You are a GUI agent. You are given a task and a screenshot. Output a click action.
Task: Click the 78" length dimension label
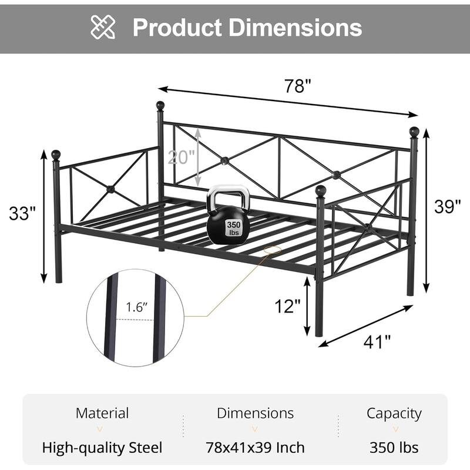coord(298,87)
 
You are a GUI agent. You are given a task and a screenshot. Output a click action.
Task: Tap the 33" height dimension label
coord(23,213)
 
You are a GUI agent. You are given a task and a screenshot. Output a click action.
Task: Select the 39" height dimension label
coord(448,206)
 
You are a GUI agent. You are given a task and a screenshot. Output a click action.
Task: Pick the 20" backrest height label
coord(181,157)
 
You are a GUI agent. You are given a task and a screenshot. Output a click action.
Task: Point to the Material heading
coord(102,413)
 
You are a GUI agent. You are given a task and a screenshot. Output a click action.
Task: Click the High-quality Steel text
coord(102,448)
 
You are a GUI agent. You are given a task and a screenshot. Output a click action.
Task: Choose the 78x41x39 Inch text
coord(255,448)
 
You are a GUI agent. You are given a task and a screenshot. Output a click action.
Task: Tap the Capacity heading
coord(394,413)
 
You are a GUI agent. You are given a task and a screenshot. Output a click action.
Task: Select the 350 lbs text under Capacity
coord(394,448)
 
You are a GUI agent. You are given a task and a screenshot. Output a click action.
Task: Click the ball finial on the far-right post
coord(414,132)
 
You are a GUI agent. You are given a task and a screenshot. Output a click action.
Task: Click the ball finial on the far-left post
coord(56,155)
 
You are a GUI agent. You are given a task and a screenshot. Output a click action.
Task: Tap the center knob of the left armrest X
coord(109,189)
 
